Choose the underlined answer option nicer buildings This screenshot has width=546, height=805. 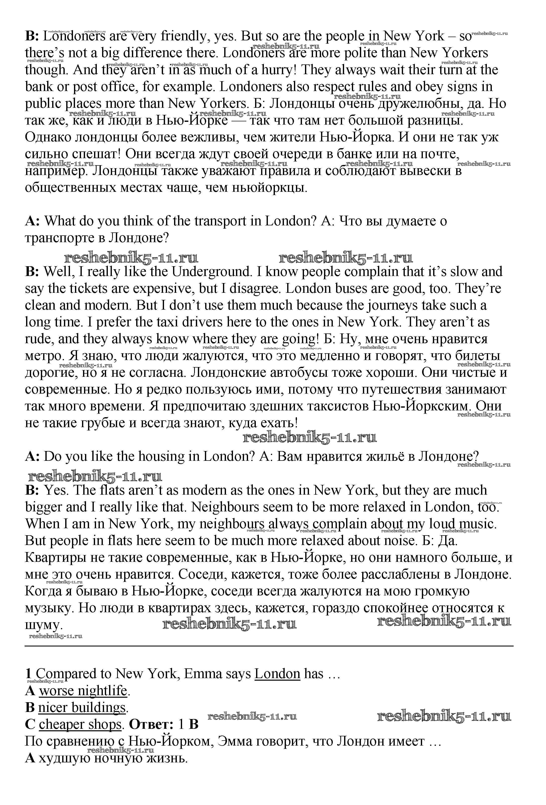point(82,708)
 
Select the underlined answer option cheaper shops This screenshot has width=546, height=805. point(80,725)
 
